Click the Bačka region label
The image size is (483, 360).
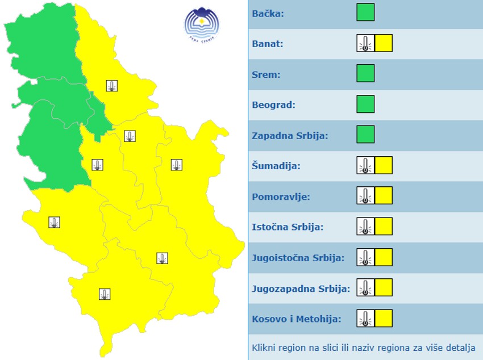point(268,13)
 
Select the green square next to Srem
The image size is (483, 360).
point(365,74)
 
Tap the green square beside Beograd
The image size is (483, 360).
point(365,104)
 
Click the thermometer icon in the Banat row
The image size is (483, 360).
point(365,43)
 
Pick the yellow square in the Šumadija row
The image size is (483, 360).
point(384,166)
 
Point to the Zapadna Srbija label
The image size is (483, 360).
point(290,136)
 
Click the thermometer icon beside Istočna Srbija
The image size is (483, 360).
point(365,227)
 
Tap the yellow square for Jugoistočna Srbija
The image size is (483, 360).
point(384,257)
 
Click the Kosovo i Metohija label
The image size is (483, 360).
point(296,319)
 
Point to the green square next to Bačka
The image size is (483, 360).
point(365,12)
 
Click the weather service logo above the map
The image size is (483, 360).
point(201,23)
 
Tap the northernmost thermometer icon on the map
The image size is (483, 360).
point(112,86)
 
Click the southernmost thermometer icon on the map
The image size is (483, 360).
point(105,294)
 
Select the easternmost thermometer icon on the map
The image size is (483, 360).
point(177,165)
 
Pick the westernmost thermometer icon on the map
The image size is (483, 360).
point(54,222)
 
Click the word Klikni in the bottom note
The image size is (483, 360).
point(264,348)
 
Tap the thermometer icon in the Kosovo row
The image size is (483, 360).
point(365,319)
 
